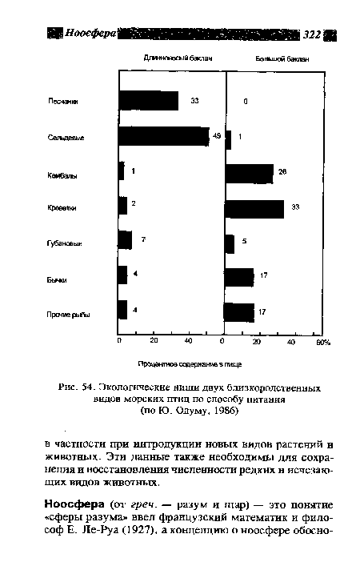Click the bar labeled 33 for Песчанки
tap(148, 101)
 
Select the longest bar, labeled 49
tap(163, 137)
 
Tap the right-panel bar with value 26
tap(249, 173)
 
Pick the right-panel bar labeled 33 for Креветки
tap(254, 208)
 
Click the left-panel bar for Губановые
tap(125, 240)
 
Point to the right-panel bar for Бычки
tap(239, 277)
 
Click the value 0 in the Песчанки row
tap(246, 102)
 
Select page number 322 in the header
tap(312, 34)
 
